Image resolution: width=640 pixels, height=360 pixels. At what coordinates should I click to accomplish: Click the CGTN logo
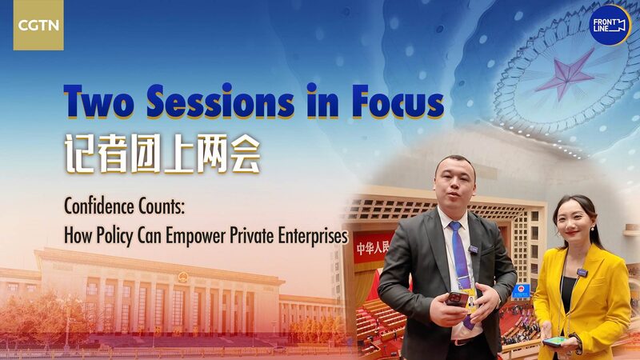click(x=38, y=25)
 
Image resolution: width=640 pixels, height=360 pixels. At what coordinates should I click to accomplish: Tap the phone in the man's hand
click(x=457, y=299)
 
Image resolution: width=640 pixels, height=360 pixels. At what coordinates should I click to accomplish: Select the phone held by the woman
click(x=555, y=341)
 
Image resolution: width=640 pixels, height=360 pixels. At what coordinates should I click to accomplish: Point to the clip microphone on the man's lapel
click(x=474, y=250)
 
